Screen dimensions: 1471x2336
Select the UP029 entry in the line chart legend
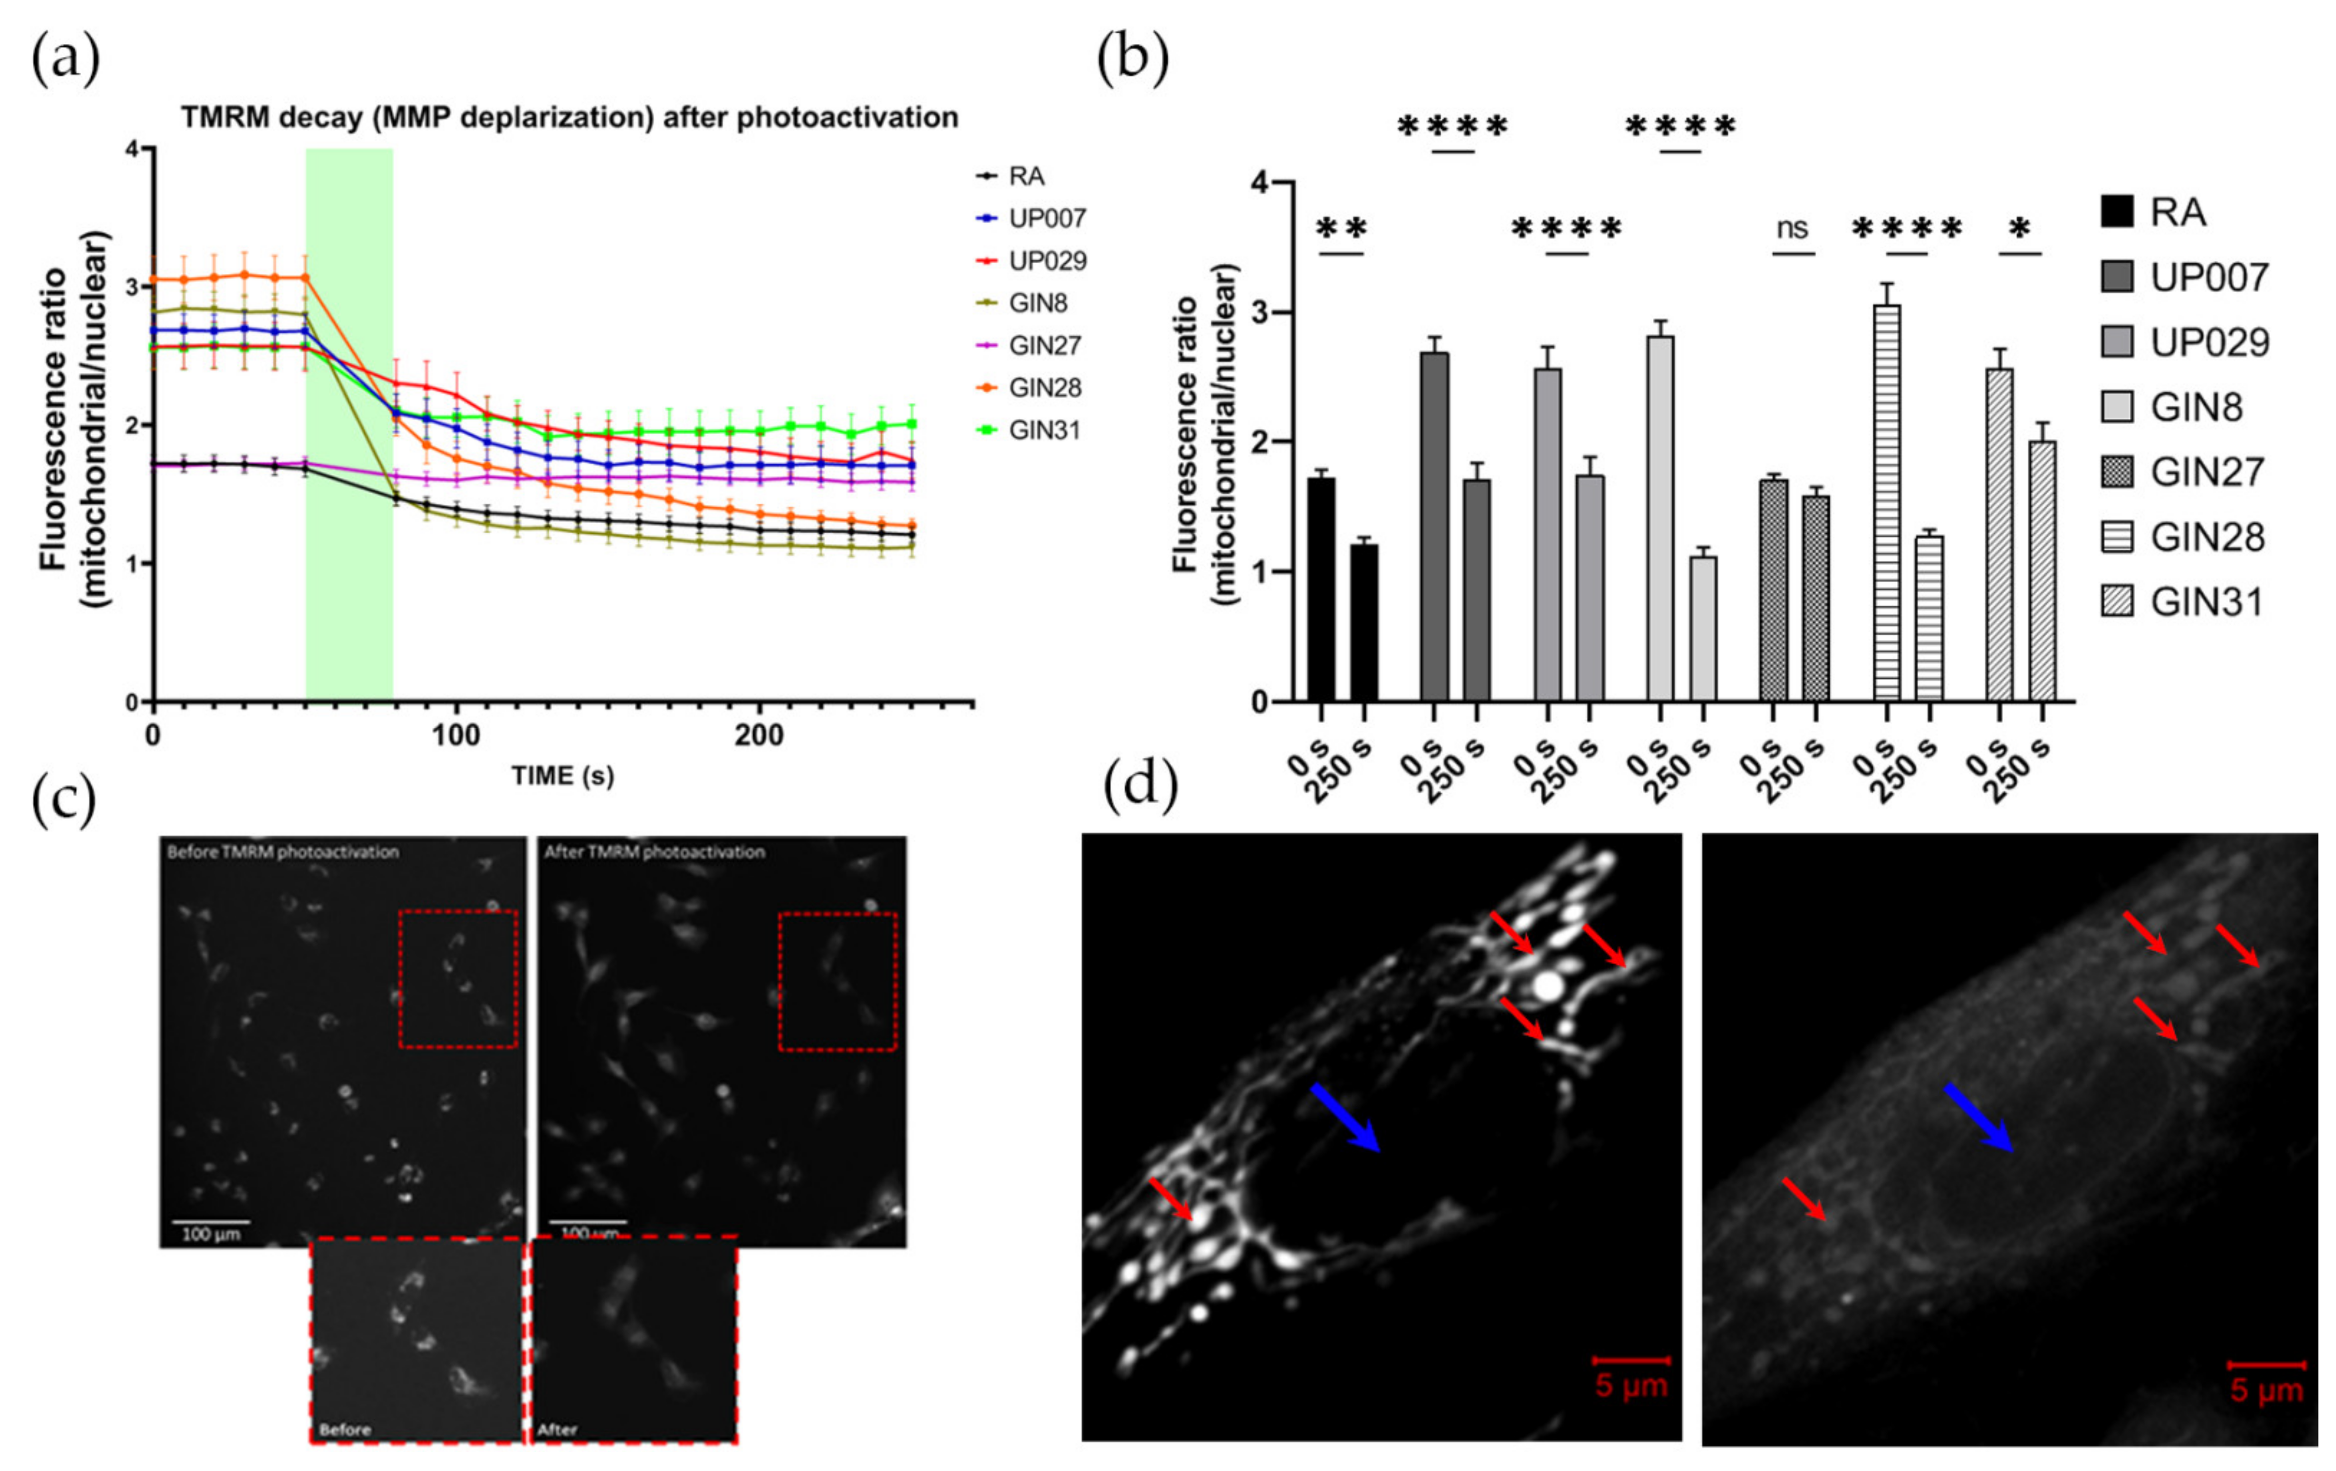point(1047,261)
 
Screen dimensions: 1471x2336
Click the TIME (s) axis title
point(563,776)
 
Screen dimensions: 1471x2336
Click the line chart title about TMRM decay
point(569,117)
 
